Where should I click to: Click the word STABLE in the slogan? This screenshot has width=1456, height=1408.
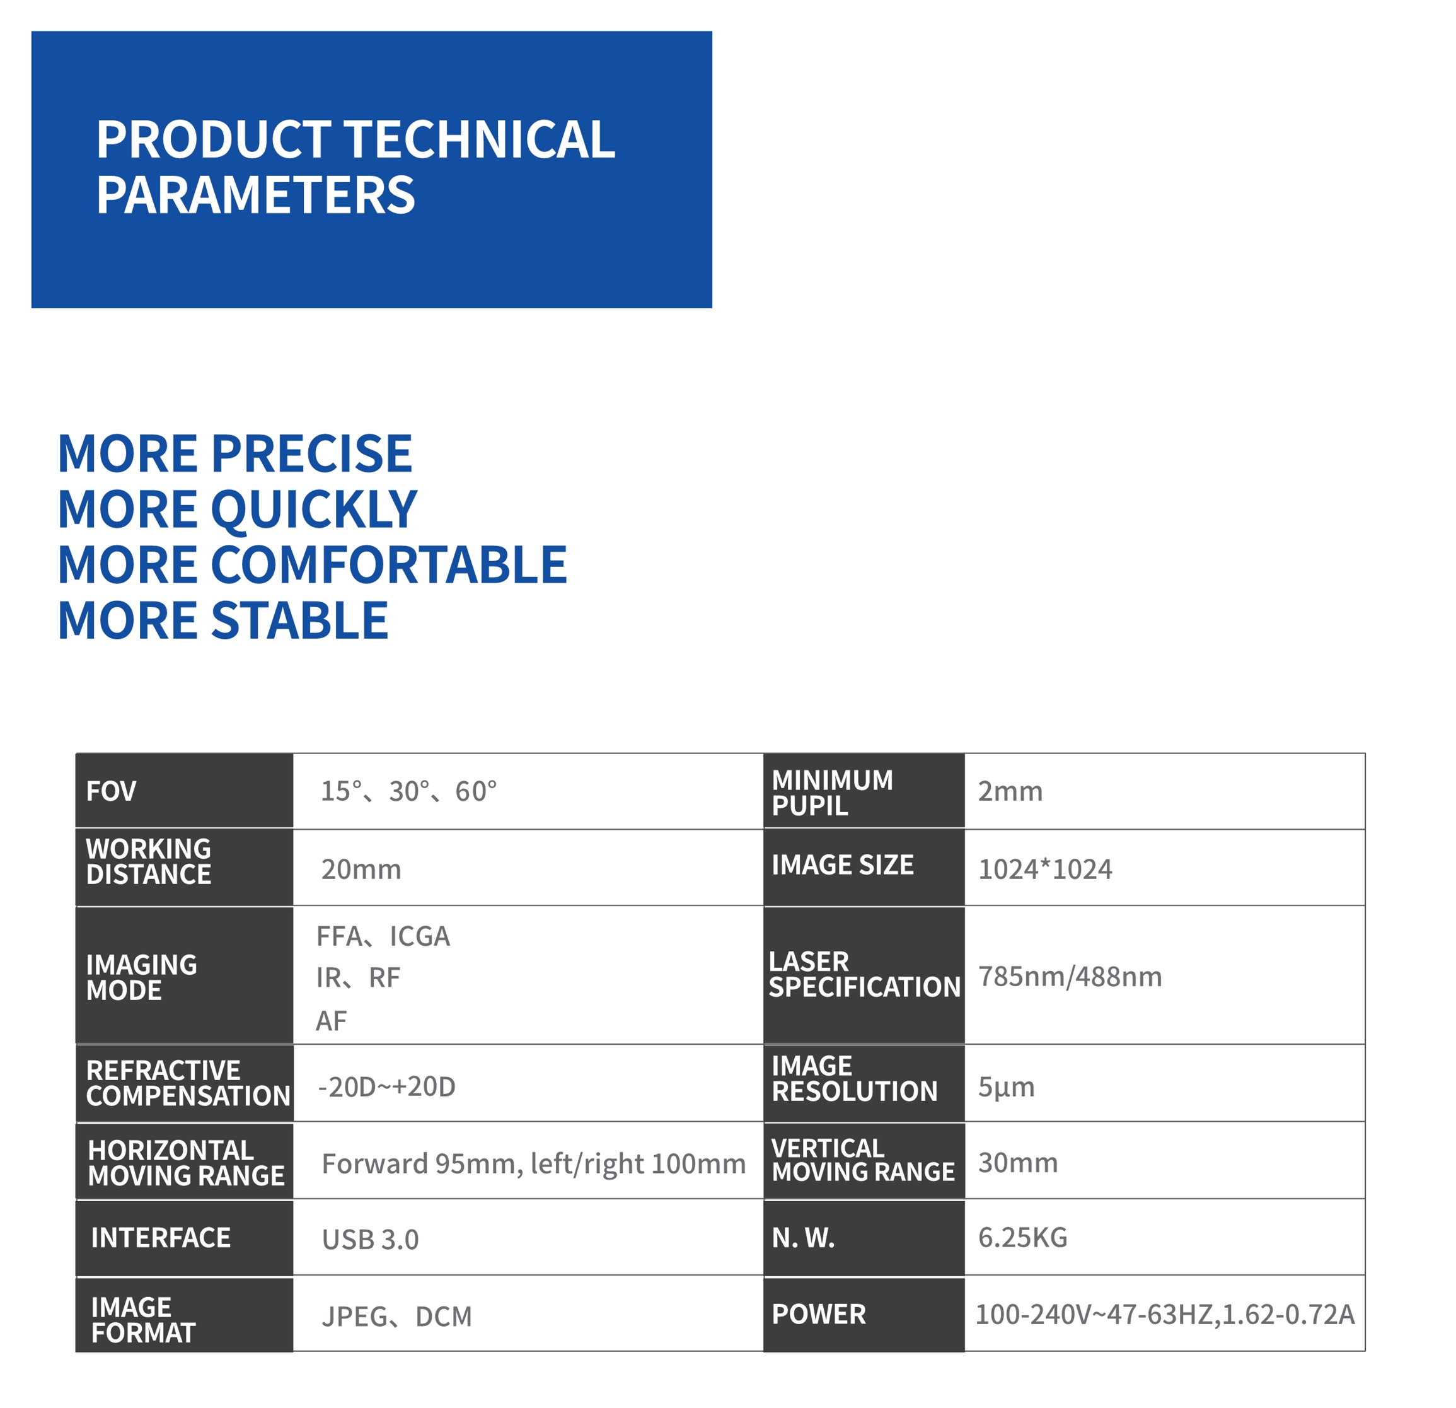pos(300,620)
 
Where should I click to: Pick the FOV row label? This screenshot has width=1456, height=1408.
pos(112,791)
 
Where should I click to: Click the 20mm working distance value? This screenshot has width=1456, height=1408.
pos(361,870)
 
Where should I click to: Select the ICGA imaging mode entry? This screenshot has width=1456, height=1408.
pos(420,936)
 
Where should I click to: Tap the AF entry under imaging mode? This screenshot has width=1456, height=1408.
pos(332,1021)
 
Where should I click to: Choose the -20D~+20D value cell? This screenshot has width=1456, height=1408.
pos(386,1087)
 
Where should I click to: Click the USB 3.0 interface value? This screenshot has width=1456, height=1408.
pos(370,1240)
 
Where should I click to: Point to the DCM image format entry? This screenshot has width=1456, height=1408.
pos(444,1317)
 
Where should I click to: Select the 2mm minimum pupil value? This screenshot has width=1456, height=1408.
pos(1010,791)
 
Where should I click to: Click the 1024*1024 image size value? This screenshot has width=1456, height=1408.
pos(1045,870)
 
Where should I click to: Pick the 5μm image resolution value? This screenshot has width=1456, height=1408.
pos(1006,1087)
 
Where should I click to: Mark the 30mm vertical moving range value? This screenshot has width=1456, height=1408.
pos(1018,1163)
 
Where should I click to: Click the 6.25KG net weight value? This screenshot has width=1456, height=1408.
pos(1022,1238)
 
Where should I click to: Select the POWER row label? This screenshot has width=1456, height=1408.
pos(819,1315)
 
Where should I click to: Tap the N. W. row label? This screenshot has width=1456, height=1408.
pos(803,1238)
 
